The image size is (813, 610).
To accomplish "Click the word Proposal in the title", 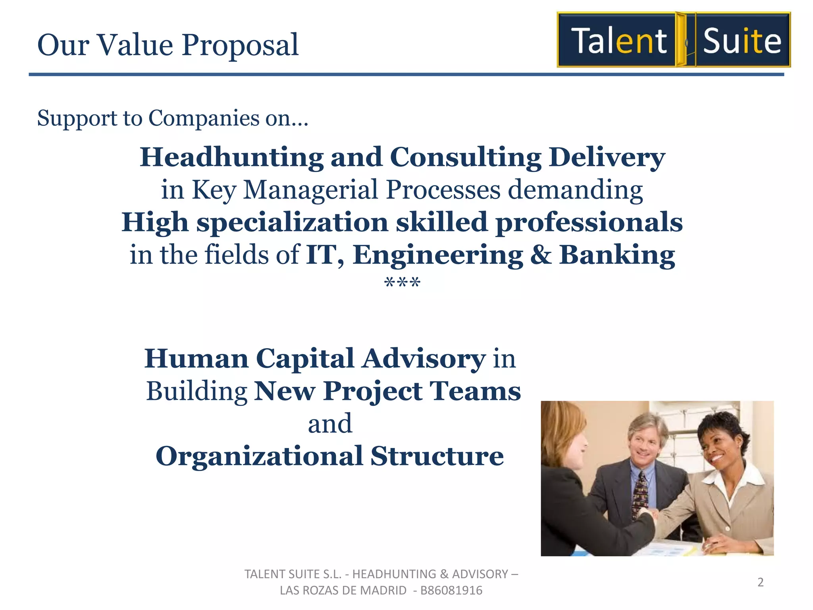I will pos(240,45).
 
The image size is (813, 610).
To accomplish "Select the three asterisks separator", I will pos(402,283).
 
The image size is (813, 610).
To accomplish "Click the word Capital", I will pos(304,359).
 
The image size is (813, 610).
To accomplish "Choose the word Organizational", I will pos(259,456).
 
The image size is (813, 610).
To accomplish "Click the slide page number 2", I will pos(760,582).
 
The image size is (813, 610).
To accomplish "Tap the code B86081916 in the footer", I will pos(451,591).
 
